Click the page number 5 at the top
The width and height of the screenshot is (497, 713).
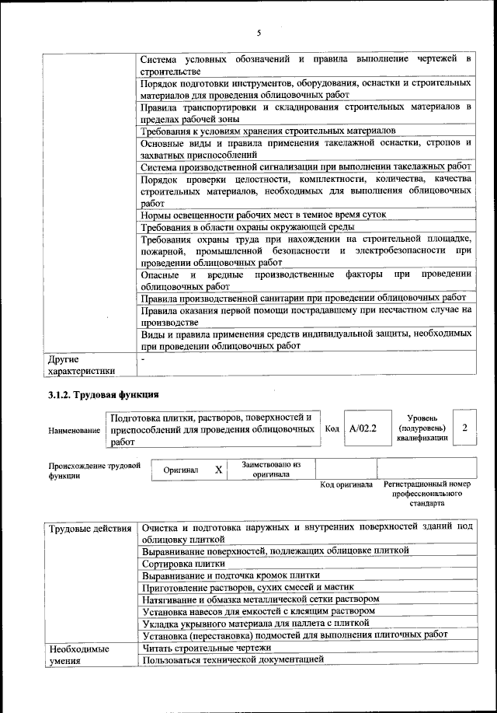(259, 32)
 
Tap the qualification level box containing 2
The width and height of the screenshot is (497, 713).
(464, 428)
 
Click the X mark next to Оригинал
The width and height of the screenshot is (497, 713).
(218, 470)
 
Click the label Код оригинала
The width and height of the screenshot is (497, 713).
(346, 484)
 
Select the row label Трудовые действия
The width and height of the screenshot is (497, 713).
(89, 530)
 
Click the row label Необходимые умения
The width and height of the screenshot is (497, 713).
(78, 654)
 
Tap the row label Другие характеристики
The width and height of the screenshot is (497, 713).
(81, 365)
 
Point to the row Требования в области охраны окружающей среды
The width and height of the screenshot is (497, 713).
(247, 227)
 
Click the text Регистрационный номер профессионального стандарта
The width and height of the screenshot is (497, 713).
(427, 493)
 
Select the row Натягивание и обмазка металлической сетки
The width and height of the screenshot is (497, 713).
(260, 599)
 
